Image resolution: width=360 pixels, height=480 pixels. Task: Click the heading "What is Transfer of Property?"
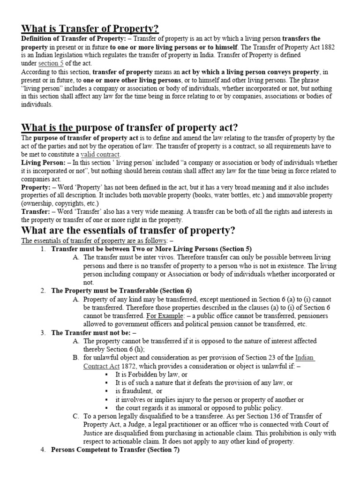(87, 29)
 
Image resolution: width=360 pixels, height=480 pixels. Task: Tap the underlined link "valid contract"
(100, 154)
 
